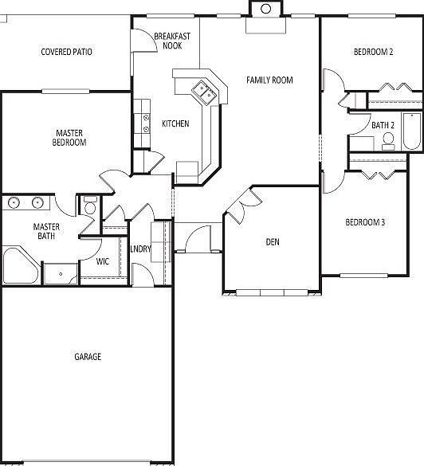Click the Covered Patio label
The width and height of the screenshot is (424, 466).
(x=67, y=53)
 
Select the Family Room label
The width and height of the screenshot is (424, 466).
(x=269, y=80)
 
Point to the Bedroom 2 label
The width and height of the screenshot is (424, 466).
(x=374, y=53)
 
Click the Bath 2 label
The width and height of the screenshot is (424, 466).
(x=383, y=125)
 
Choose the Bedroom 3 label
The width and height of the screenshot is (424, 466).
(x=365, y=222)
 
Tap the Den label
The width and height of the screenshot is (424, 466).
(x=273, y=242)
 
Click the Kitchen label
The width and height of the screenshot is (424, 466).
(x=175, y=123)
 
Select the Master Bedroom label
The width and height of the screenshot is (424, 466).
(x=71, y=138)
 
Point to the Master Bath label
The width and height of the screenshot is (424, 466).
(x=46, y=232)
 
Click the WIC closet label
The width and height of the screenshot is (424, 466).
(x=103, y=261)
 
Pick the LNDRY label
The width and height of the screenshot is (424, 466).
(x=141, y=249)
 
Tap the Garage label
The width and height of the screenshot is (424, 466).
(x=88, y=357)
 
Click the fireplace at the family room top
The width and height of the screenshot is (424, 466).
(x=265, y=10)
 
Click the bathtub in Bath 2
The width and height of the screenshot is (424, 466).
(x=411, y=131)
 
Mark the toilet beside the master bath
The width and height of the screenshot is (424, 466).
(x=90, y=206)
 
